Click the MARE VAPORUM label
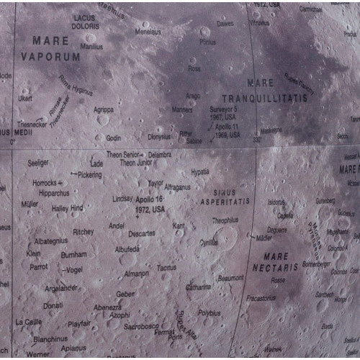pyautogui.click(x=48, y=48)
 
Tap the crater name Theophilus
pyautogui.click(x=225, y=220)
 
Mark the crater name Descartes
pyautogui.click(x=141, y=233)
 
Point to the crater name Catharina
pyautogui.click(x=197, y=287)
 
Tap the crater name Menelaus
pyautogui.click(x=148, y=32)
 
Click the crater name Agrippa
pyautogui.click(x=103, y=109)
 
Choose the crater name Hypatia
pyautogui.click(x=199, y=172)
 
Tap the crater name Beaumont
pyautogui.click(x=231, y=277)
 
